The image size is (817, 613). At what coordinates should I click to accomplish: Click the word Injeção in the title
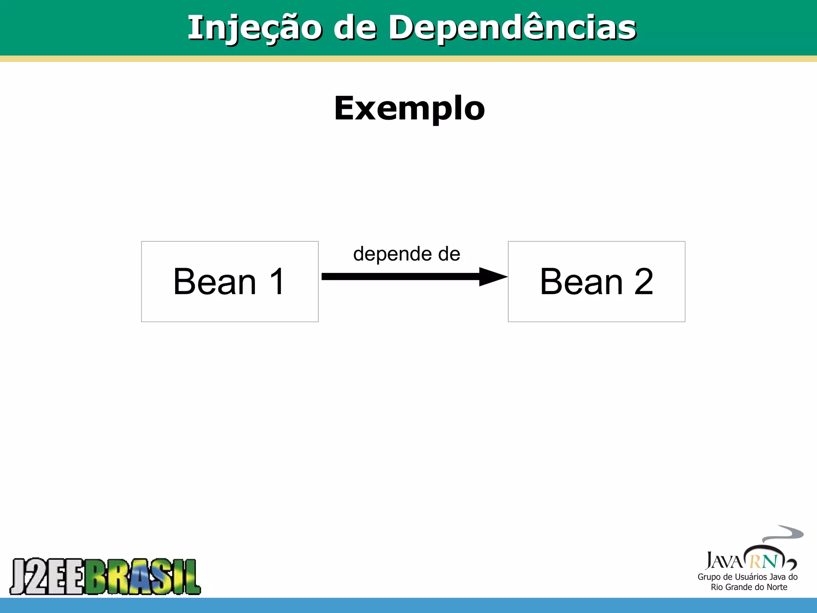coord(255,28)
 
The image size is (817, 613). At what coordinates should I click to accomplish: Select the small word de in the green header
coord(355,28)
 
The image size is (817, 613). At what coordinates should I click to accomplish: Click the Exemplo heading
coord(409,108)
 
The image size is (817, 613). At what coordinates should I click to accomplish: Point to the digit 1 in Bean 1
coord(277,282)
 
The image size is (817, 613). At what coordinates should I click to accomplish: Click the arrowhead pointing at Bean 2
coord(493,277)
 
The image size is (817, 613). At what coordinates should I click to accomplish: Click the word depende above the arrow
coord(393,254)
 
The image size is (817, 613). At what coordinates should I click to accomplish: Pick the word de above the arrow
coord(449,254)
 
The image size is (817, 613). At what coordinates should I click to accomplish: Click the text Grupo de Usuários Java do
coord(747,577)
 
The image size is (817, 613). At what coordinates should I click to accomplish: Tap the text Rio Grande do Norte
coord(749,587)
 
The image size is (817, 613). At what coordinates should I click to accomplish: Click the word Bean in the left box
coord(215,282)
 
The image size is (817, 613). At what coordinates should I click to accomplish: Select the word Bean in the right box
coord(581,282)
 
